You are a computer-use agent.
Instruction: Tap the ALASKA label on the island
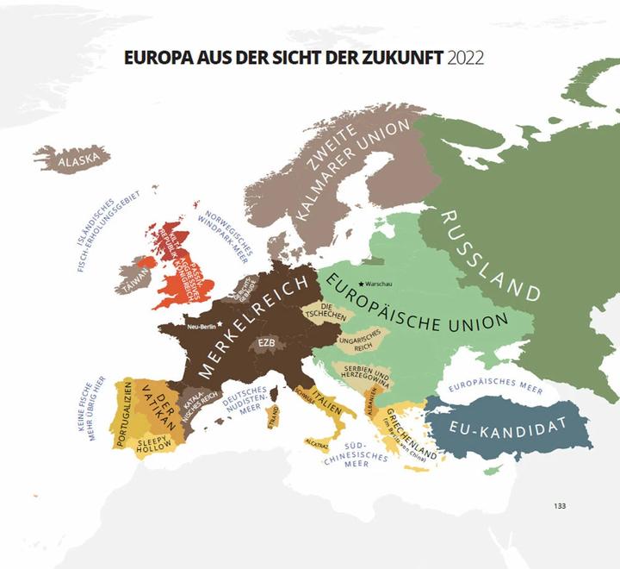tap(83, 159)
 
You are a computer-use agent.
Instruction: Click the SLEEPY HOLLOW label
tap(156, 443)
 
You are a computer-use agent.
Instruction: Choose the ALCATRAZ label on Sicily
tap(317, 442)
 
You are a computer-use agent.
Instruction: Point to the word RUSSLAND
tap(491, 256)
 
